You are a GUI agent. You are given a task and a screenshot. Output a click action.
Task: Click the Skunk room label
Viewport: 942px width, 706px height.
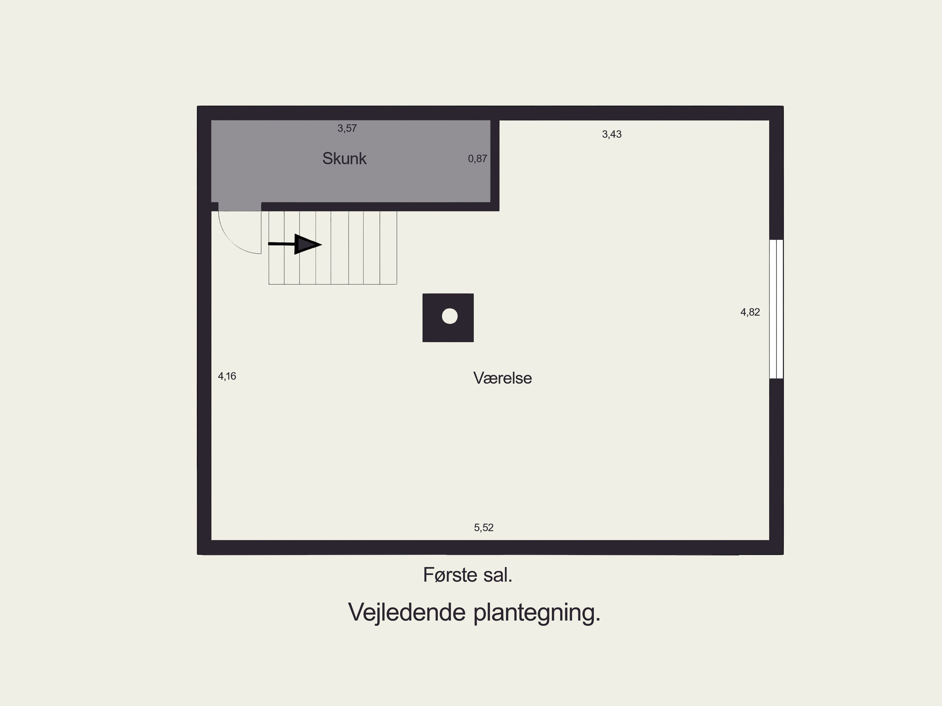pyautogui.click(x=344, y=159)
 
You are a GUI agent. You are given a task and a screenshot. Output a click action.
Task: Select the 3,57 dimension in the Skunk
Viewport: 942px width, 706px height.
pyautogui.click(x=347, y=128)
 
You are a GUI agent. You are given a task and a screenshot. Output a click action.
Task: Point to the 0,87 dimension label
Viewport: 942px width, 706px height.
pyautogui.click(x=477, y=159)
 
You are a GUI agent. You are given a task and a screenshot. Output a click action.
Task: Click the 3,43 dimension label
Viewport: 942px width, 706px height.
pyautogui.click(x=612, y=135)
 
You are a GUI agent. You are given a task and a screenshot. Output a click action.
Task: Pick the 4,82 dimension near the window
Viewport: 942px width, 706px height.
pyautogui.click(x=750, y=312)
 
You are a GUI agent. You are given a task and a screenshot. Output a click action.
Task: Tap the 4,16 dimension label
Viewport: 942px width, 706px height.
pyautogui.click(x=227, y=376)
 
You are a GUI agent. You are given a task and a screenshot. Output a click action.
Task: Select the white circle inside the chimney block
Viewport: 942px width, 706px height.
pyautogui.click(x=450, y=316)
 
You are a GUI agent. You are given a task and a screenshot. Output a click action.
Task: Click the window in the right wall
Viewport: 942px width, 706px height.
pyautogui.click(x=776, y=309)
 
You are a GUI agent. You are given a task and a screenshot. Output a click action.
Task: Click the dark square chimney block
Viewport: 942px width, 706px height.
pyautogui.click(x=448, y=318)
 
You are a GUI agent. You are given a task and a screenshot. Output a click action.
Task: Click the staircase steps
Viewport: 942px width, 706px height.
pyautogui.click(x=333, y=247)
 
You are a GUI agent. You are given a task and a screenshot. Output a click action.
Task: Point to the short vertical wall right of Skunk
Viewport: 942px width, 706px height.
pyautogui.click(x=495, y=166)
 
